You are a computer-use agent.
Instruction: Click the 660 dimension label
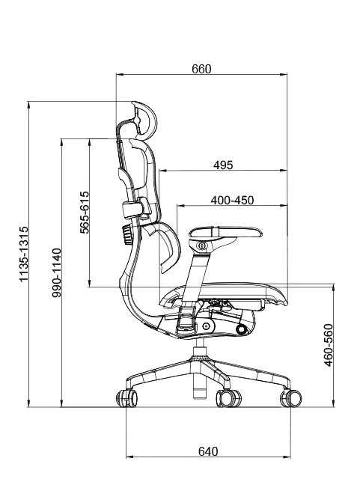pos(201,69)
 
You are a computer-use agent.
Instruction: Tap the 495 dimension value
pos(223,165)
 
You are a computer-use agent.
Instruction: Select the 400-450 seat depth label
pos(232,200)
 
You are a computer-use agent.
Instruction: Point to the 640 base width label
pos(208,451)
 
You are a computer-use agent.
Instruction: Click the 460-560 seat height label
pos(329,345)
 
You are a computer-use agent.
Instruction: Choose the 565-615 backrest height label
pos(85,213)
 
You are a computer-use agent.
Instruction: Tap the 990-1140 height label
pos(57,272)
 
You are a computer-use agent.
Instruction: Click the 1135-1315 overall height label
pos(23,254)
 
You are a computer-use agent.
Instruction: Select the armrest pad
pos(225,232)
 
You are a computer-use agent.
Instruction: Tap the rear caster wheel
pos(126,398)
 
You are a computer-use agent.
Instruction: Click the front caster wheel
pos(290,398)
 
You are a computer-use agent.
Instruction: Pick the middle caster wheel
pos(228,398)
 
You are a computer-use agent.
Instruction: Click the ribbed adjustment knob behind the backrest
pos(126,234)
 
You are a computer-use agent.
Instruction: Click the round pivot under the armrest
pos(201,245)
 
